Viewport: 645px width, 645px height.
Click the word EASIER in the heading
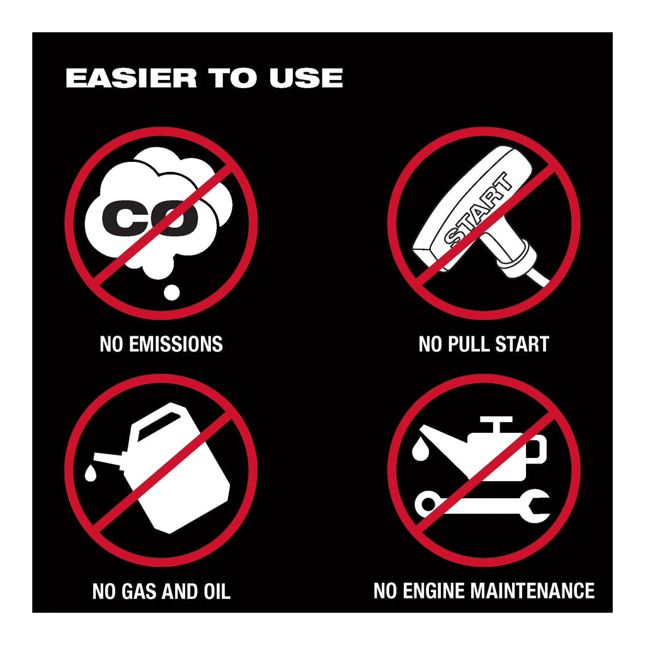[131, 78]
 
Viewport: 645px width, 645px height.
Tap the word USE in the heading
[306, 78]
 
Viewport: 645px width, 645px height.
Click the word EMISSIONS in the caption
[176, 344]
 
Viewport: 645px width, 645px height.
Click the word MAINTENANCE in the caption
[533, 590]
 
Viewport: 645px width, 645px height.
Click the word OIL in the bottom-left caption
[217, 591]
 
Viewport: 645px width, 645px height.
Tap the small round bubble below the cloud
[171, 292]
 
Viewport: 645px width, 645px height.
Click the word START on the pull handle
[479, 210]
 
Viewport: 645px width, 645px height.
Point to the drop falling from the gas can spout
[91, 473]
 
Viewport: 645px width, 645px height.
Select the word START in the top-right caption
[522, 344]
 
